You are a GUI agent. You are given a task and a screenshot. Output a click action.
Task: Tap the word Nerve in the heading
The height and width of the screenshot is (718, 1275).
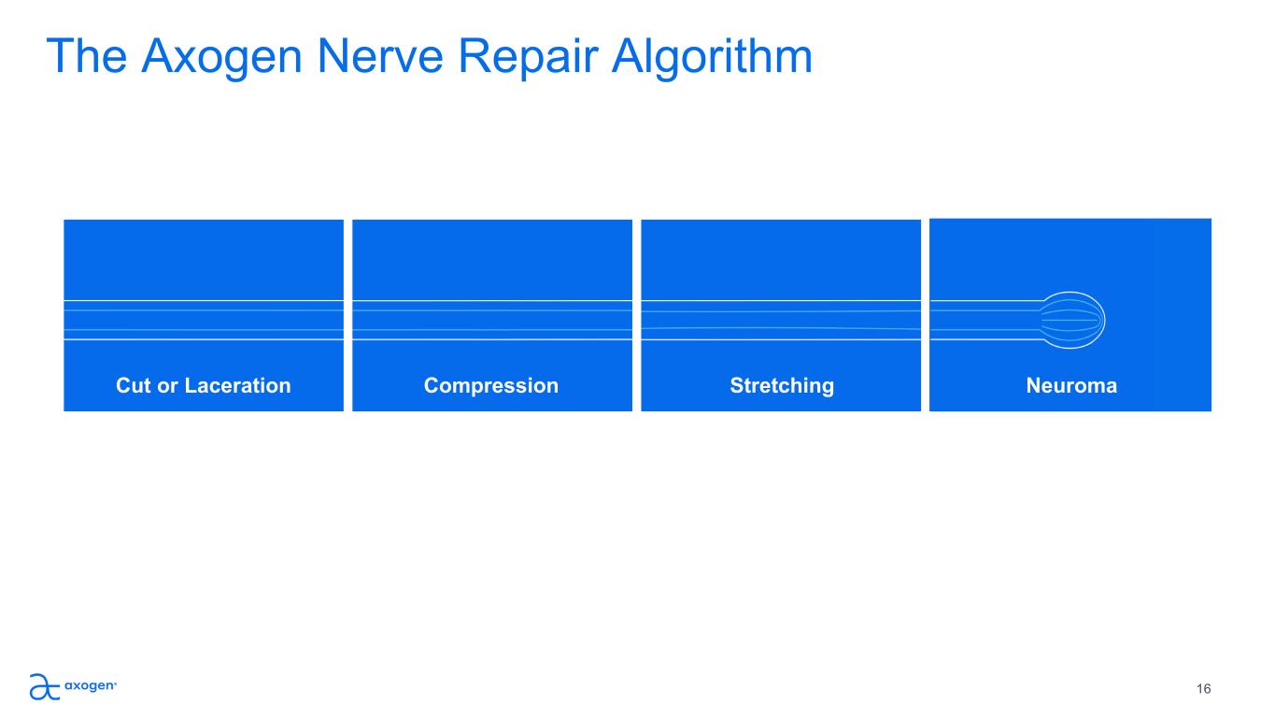pyautogui.click(x=379, y=56)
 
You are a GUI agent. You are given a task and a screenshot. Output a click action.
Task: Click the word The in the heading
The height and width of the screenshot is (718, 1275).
pyautogui.click(x=87, y=56)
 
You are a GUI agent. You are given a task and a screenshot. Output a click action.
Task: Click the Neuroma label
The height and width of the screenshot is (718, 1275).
pyautogui.click(x=1071, y=386)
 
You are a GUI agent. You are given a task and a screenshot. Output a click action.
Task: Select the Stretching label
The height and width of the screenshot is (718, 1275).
pyautogui.click(x=782, y=386)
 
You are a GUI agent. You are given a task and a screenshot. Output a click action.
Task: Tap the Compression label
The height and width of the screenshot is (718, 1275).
pyautogui.click(x=491, y=386)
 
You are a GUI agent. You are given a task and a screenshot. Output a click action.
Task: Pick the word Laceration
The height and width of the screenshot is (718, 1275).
pyautogui.click(x=238, y=386)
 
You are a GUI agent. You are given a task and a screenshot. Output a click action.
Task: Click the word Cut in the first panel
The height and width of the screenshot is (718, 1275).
pyautogui.click(x=134, y=386)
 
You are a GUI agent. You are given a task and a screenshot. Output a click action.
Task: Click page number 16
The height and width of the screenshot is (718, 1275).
pyautogui.click(x=1203, y=689)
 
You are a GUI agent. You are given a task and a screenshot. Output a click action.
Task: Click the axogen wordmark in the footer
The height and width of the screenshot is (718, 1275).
pyautogui.click(x=91, y=685)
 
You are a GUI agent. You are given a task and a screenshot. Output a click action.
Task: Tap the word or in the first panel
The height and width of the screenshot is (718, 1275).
pyautogui.click(x=168, y=387)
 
